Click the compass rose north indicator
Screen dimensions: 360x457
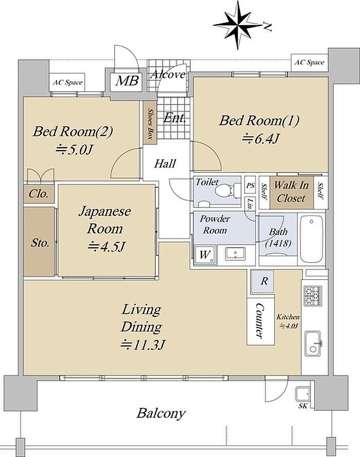239,25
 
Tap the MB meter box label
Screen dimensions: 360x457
127,80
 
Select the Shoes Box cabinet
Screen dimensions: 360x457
150,122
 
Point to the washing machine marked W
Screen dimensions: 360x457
205,255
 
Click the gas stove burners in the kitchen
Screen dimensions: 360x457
313,295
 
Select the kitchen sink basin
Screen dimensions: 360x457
313,343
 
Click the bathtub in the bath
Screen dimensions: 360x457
311,239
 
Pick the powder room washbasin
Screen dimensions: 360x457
236,253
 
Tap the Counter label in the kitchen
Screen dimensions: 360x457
260,320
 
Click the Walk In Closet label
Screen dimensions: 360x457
291,191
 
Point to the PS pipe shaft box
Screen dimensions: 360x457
250,185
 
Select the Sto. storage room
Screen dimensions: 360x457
39,241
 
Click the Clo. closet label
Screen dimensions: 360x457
38,194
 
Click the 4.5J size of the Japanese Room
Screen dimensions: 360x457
106,247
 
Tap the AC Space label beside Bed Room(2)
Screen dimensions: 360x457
67,82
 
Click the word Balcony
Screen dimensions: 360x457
161,413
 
